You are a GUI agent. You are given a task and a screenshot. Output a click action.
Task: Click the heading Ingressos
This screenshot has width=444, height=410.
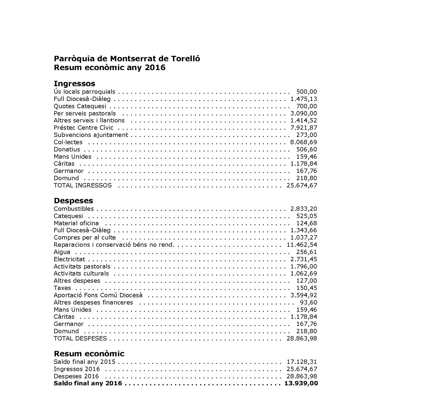74,84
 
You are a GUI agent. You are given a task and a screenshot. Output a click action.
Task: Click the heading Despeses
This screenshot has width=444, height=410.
73,201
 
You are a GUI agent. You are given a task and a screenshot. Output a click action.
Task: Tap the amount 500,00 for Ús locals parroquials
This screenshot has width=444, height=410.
306,92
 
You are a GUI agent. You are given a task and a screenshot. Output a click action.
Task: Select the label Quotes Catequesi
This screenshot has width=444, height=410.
80,106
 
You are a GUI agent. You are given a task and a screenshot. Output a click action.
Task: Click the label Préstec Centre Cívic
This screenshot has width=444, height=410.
84,128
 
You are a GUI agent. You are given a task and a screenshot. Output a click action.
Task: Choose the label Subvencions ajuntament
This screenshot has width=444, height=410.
91,135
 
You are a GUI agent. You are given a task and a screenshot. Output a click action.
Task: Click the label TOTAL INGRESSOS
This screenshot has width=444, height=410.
82,186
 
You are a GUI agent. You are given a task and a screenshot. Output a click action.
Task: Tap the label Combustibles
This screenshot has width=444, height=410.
74,209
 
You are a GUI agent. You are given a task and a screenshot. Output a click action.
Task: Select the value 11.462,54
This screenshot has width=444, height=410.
302,245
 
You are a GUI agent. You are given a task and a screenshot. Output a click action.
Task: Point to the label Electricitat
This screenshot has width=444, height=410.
69,259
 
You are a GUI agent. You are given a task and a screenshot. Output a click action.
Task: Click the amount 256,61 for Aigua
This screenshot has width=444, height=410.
306,252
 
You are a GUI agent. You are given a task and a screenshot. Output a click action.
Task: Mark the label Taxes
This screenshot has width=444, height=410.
62,288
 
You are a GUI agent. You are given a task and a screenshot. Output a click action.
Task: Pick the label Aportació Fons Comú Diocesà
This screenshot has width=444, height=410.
98,295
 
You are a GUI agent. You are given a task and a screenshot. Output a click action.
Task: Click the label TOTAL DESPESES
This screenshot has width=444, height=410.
80,339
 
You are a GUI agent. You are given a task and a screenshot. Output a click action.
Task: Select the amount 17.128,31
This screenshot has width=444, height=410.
302,362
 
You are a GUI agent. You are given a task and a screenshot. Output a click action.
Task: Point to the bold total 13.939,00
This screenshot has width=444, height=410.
301,383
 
